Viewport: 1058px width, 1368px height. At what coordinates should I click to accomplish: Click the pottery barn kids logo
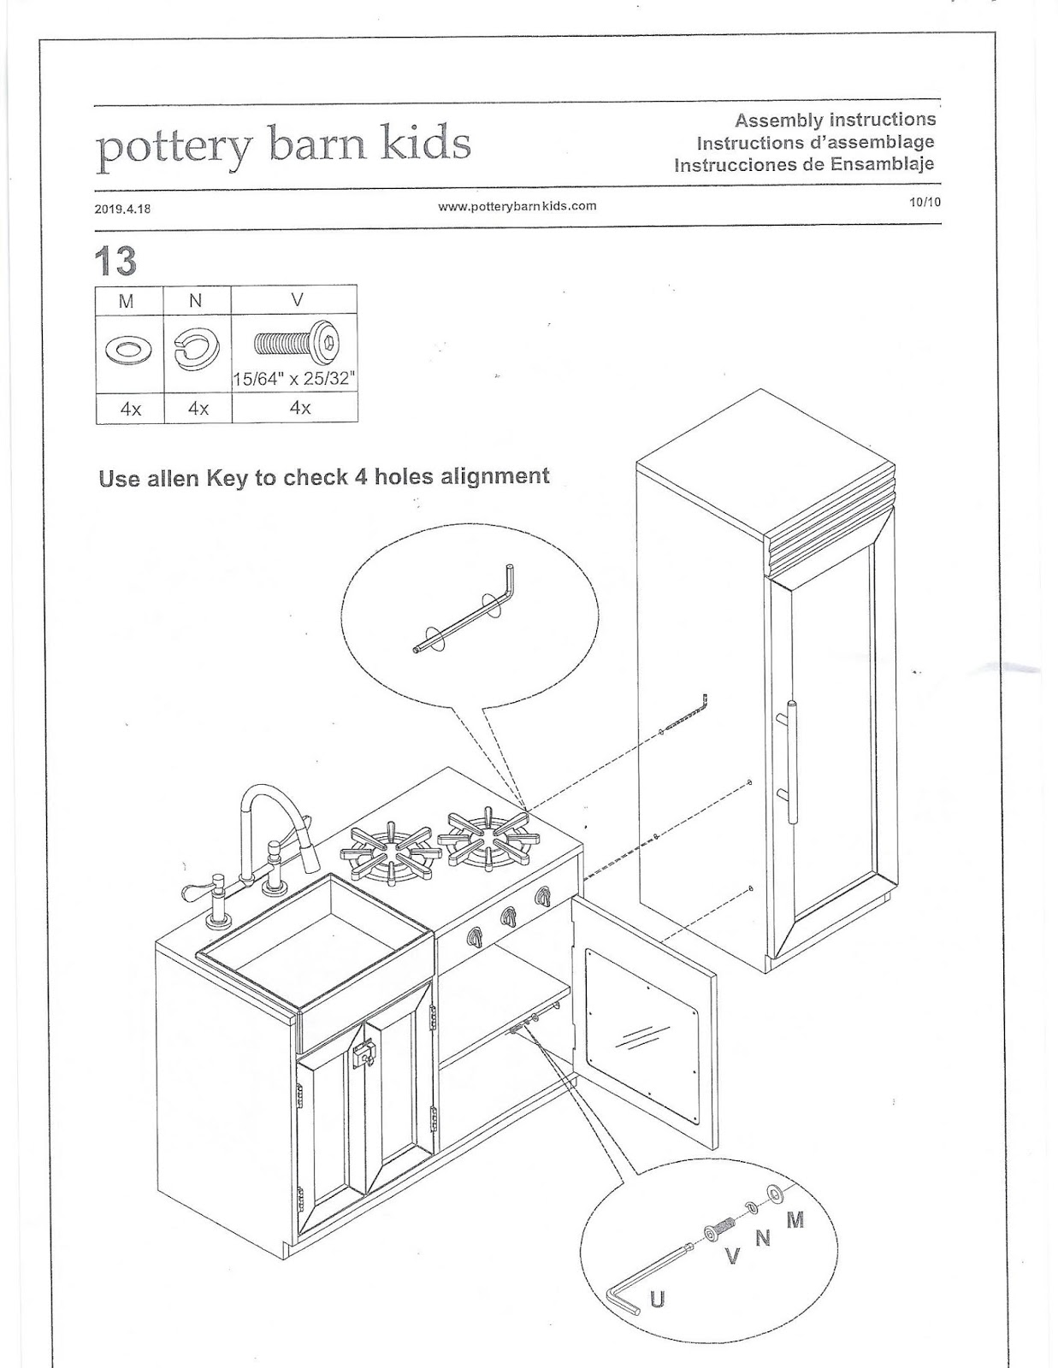[x=283, y=144]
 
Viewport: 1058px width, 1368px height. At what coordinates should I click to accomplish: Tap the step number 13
[x=116, y=260]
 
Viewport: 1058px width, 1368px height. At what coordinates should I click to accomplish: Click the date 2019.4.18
[x=123, y=208]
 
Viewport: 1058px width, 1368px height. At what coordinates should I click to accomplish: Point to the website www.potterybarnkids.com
[x=517, y=206]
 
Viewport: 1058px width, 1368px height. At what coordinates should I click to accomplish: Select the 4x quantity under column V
[x=299, y=409]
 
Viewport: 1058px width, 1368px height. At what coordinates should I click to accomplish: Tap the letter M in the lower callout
[x=795, y=1220]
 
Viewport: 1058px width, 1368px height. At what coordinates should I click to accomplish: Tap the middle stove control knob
[x=508, y=918]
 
